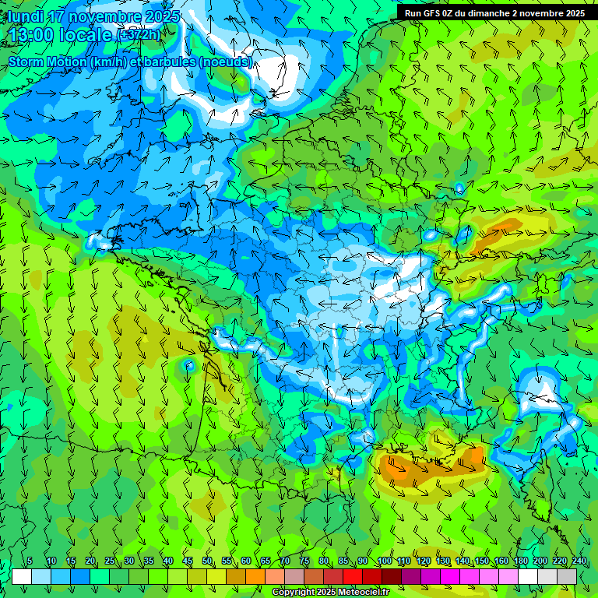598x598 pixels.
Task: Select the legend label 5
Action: (30, 561)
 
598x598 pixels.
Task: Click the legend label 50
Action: (207, 561)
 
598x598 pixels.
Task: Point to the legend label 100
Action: (385, 561)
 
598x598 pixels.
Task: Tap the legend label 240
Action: (579, 561)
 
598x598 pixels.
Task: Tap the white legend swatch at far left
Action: (22, 576)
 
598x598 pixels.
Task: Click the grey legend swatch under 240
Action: (567, 576)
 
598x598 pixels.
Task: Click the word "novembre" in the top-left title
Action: (102, 16)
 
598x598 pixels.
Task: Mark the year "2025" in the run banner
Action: (575, 12)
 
